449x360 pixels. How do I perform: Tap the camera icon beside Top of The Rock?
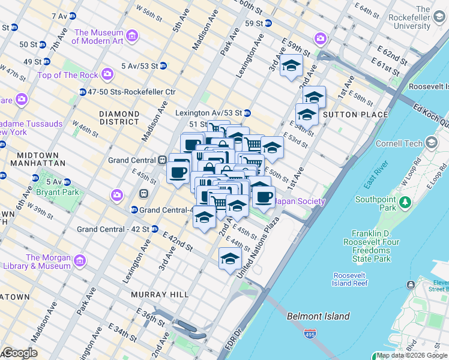pyautogui.click(x=108, y=74)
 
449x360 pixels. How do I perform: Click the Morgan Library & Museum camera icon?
pyautogui.click(x=79, y=260)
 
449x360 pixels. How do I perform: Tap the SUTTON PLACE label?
pyautogui.click(x=348, y=114)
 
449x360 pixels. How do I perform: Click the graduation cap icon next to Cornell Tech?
pyautogui.click(x=431, y=143)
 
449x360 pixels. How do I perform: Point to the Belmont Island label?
pyautogui.click(x=318, y=316)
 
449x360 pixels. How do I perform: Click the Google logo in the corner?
pyautogui.click(x=19, y=353)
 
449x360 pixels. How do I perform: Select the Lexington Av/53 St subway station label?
pyautogui.click(x=208, y=113)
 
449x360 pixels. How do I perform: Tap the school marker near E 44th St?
pyautogui.click(x=230, y=259)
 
